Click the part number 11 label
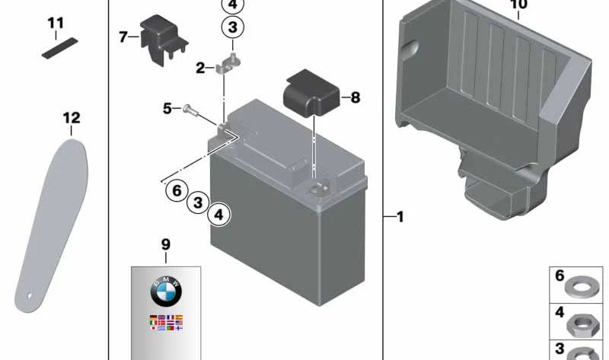pyautogui.click(x=56, y=24)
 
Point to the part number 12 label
pyautogui.click(x=71, y=118)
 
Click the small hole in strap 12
pyautogui.click(x=29, y=295)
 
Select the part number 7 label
pyautogui.click(x=123, y=36)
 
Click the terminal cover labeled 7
pyautogui.click(x=161, y=38)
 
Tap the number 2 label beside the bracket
pyautogui.click(x=200, y=68)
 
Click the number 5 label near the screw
pyautogui.click(x=167, y=109)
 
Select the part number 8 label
pyautogui.click(x=355, y=97)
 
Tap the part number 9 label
pyautogui.click(x=166, y=244)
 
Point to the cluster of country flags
pyautogui.click(x=166, y=323)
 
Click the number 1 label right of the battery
pyautogui.click(x=400, y=218)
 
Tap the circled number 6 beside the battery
pyautogui.click(x=177, y=190)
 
